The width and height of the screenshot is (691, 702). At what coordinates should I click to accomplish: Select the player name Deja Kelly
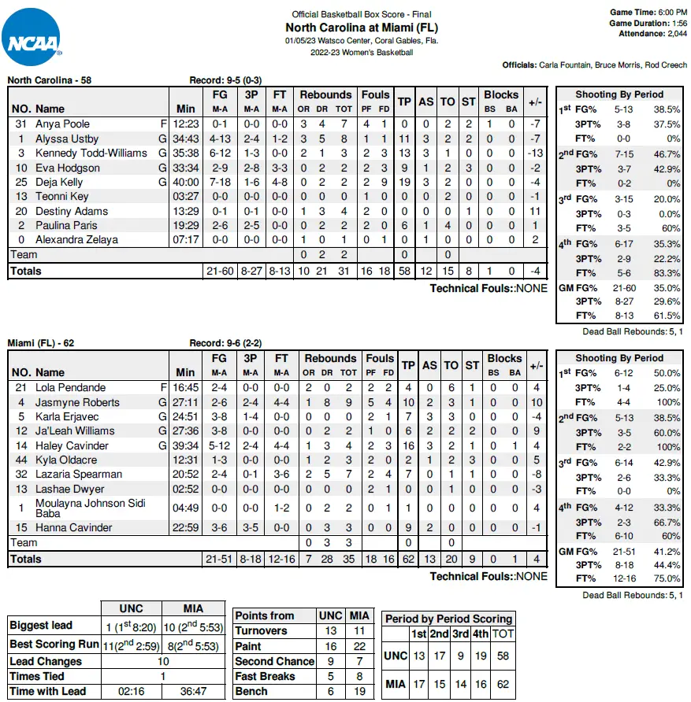click(59, 182)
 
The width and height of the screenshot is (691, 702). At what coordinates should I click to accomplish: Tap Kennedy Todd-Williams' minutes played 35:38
click(186, 153)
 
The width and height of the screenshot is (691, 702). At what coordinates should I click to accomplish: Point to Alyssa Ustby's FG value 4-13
click(221, 139)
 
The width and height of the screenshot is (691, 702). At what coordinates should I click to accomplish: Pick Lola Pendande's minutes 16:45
click(186, 387)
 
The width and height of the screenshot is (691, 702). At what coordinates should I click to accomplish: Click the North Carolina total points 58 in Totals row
click(405, 271)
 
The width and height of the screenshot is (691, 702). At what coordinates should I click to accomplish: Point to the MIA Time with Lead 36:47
click(191, 692)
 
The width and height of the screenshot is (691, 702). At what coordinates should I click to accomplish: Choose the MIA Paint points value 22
click(359, 646)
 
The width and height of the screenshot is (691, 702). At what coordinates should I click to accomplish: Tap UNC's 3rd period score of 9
click(459, 655)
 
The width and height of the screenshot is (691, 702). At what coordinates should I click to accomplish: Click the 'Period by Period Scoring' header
click(449, 619)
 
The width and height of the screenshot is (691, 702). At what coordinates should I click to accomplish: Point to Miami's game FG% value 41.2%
click(655, 552)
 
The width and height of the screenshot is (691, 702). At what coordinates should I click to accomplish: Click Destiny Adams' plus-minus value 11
click(535, 211)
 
